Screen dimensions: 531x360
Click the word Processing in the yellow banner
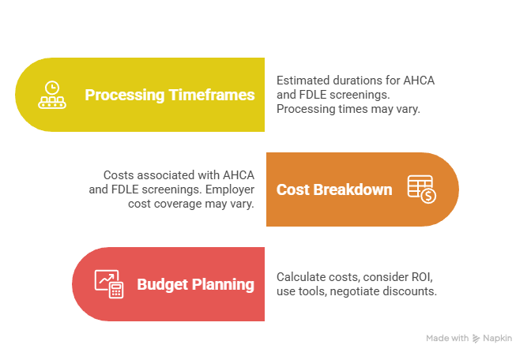[125, 95]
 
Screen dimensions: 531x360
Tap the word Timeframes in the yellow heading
[212, 95]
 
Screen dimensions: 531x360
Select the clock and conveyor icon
[52, 95]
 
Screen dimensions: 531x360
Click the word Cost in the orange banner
[293, 189]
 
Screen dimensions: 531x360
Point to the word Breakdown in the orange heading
[352, 189]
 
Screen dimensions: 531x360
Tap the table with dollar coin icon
[422, 189]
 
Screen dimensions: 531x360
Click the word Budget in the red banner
[163, 284]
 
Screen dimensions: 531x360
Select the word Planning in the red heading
[223, 284]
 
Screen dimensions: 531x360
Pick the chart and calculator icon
[109, 284]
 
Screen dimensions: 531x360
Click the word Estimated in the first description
[303, 81]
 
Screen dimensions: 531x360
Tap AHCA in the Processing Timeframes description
[419, 81]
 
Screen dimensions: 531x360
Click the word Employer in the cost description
[230, 189]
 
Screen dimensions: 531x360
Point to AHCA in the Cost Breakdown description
[239, 175]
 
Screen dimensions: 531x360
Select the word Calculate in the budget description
[300, 277]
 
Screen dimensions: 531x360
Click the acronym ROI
[422, 277]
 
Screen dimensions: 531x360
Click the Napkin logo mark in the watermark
[476, 339]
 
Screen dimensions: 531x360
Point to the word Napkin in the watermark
[498, 339]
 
